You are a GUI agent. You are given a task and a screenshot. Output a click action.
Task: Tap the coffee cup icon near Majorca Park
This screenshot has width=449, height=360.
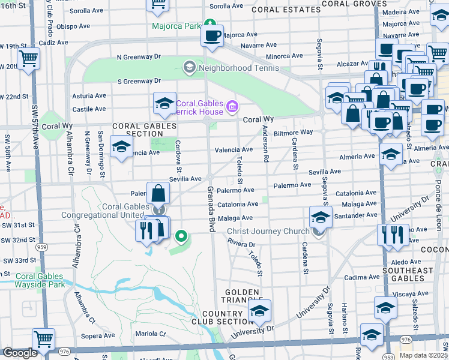tap(212, 35)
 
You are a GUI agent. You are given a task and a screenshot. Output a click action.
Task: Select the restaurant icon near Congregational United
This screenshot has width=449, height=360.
tap(148, 230)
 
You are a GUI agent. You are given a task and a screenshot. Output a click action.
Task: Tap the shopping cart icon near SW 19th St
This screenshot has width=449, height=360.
tap(28, 59)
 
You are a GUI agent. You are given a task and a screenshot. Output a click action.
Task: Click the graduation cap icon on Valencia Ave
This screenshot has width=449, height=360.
tap(121, 146)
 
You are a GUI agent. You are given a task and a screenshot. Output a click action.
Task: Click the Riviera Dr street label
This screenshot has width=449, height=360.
tap(241, 245)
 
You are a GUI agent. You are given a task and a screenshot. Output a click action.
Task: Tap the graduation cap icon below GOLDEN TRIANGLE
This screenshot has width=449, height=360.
tap(259, 311)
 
